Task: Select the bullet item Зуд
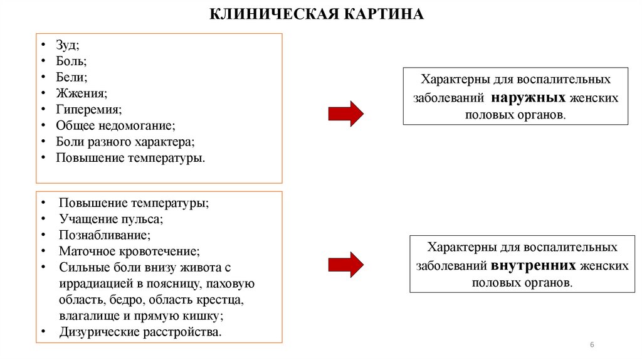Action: click(68, 46)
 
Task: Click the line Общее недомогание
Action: click(116, 125)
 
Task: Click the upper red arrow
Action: click(345, 114)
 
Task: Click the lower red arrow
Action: click(345, 265)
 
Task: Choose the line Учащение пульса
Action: click(111, 220)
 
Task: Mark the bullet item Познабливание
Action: click(105, 236)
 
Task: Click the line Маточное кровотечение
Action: click(129, 252)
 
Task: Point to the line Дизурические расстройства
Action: click(140, 332)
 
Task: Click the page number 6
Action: click(592, 346)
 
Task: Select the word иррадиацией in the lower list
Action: click(93, 283)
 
